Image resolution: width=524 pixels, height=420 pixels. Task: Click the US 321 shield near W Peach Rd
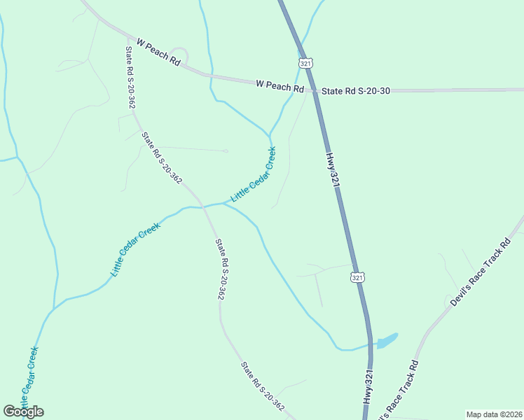[x=305, y=63]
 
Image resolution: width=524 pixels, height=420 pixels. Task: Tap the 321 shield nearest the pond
[x=357, y=277]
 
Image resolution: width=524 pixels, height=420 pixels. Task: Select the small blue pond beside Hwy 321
[x=387, y=341]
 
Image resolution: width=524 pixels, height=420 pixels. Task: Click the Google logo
[x=23, y=412]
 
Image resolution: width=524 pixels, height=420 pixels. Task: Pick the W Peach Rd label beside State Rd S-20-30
[x=280, y=86]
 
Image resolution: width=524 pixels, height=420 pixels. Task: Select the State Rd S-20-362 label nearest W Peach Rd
[x=130, y=77]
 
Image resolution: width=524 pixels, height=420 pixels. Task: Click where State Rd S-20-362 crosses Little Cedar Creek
[x=204, y=206]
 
